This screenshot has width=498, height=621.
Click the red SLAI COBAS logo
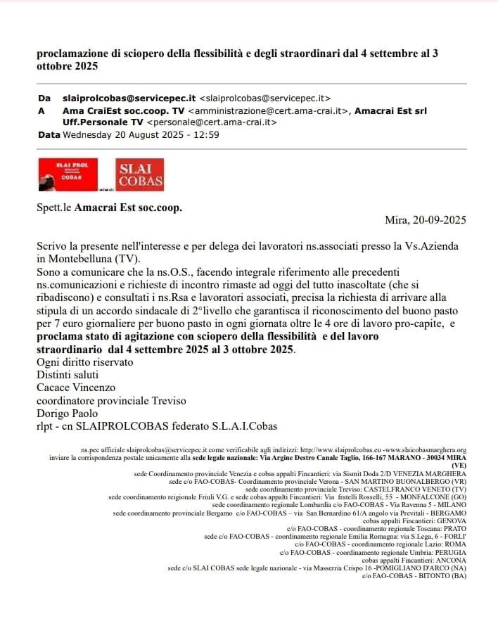pos(140,175)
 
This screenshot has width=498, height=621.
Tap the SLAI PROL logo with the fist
pos(65,174)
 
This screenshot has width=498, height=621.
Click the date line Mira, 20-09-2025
pos(425,220)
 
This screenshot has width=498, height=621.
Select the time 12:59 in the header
pos(206,134)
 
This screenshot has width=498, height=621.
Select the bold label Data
pos(49,134)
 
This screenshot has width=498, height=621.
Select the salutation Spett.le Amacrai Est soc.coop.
pos(109,208)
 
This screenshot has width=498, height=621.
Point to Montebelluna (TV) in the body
pos(91,258)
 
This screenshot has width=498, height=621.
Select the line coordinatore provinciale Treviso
pos(111,401)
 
